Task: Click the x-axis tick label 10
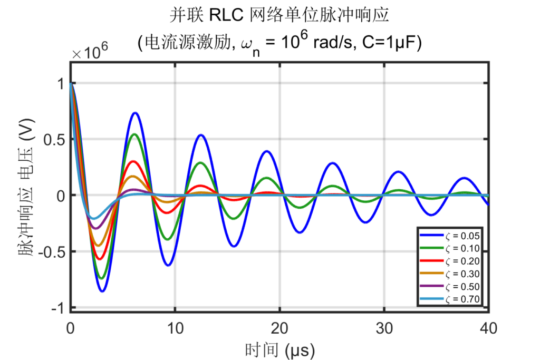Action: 175,328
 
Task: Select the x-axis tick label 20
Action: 279,328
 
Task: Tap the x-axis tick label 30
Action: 384,328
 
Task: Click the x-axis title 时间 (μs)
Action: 279,349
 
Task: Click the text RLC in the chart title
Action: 225,15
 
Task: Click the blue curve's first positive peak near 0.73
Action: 135,113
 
